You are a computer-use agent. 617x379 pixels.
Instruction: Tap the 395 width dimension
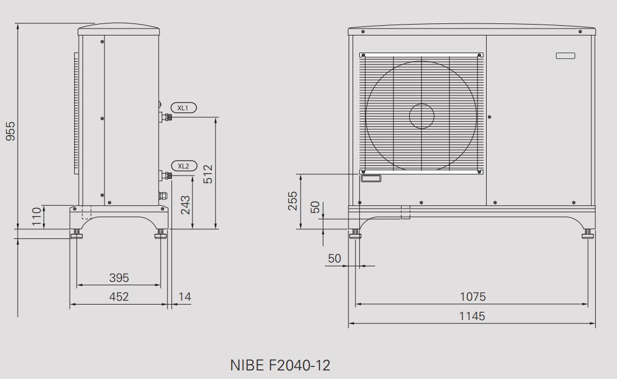(119, 278)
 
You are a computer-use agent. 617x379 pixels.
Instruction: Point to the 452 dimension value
(119, 297)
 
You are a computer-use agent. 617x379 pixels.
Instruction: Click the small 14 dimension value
(185, 297)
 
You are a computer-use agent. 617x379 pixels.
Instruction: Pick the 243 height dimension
(186, 205)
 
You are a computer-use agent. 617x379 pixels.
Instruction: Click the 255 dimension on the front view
(293, 201)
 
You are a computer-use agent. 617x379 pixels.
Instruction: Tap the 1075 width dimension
(472, 297)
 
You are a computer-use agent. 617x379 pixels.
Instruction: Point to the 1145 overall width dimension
(472, 316)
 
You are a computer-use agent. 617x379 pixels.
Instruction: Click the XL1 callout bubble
(183, 107)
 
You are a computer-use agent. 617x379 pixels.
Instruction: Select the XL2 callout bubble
(183, 166)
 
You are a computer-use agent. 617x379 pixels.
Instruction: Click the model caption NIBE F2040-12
(280, 365)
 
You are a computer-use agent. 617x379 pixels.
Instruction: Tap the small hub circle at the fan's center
(422, 116)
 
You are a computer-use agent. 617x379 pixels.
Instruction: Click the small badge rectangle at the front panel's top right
(567, 55)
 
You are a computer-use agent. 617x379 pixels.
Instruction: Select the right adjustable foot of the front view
(588, 234)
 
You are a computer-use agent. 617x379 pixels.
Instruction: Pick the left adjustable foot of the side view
(75, 234)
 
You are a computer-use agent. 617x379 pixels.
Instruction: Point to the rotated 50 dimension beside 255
(315, 207)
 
